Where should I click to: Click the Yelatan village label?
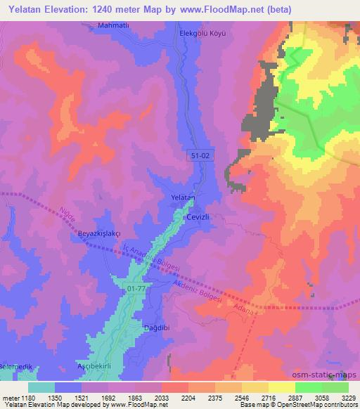tap(183, 198)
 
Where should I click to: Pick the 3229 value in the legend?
tap(349, 398)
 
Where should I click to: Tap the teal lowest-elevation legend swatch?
tap(41, 387)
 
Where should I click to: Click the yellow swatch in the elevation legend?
tap(281, 387)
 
